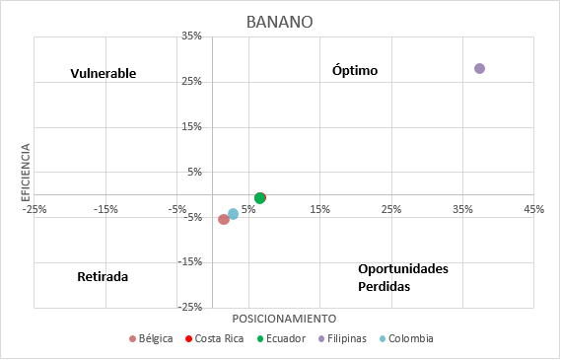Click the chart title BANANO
point(281,22)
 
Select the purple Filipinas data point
point(479,68)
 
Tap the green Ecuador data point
point(259,198)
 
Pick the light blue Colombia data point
point(233,214)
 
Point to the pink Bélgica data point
point(224,219)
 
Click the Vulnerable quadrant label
point(103,74)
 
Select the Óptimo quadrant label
point(355,70)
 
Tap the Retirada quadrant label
point(103,277)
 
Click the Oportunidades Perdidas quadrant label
point(403,277)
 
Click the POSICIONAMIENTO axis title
point(284,319)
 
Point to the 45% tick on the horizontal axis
point(533,209)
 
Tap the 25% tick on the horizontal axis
point(390,209)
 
